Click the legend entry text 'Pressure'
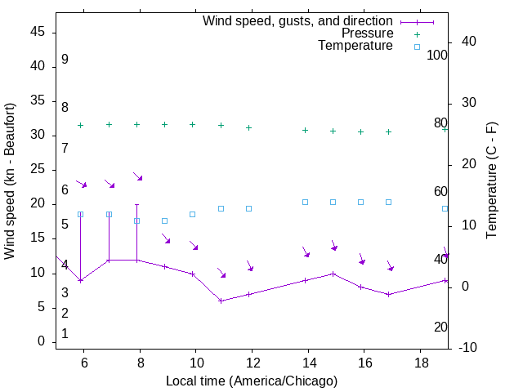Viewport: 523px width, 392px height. tap(367, 33)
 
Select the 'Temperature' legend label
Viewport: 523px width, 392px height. tap(355, 46)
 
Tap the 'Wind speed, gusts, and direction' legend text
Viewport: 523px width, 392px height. tap(297, 20)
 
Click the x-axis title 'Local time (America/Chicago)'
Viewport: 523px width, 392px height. tap(252, 381)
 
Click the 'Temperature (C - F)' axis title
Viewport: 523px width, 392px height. tap(491, 181)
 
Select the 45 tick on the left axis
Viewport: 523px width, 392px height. tap(38, 33)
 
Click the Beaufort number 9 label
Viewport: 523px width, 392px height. tap(65, 60)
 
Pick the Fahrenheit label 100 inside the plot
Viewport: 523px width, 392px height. tap(438, 56)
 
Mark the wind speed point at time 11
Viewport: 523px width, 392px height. tap(221, 301)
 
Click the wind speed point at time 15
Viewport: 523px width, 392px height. tap(333, 274)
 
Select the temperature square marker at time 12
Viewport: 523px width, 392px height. tap(249, 208)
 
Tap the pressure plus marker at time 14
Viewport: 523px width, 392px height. tap(305, 130)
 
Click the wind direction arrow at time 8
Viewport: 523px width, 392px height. tap(138, 176)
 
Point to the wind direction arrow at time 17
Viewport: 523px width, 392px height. tap(391, 265)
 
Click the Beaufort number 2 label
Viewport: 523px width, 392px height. tap(65, 314)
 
